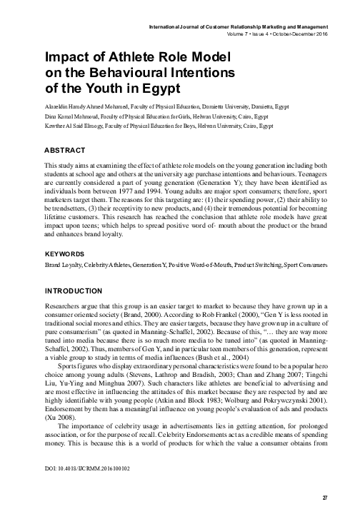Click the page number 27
[325, 496]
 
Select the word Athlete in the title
[126, 56]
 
